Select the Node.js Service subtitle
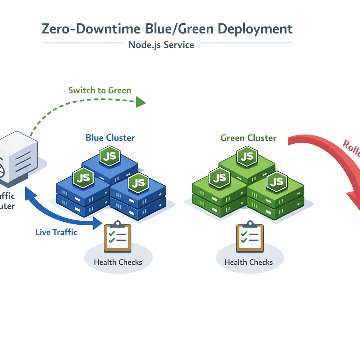click(x=161, y=45)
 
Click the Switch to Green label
click(x=99, y=90)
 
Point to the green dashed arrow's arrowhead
click(x=141, y=102)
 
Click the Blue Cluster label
click(x=110, y=137)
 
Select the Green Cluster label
click(x=248, y=138)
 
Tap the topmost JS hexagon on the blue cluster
click(x=110, y=156)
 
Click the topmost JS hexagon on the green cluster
click(x=247, y=156)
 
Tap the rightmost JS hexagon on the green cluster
click(x=276, y=182)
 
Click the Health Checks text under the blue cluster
click(x=118, y=262)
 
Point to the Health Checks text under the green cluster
click(x=249, y=262)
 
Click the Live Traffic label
click(x=56, y=232)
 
